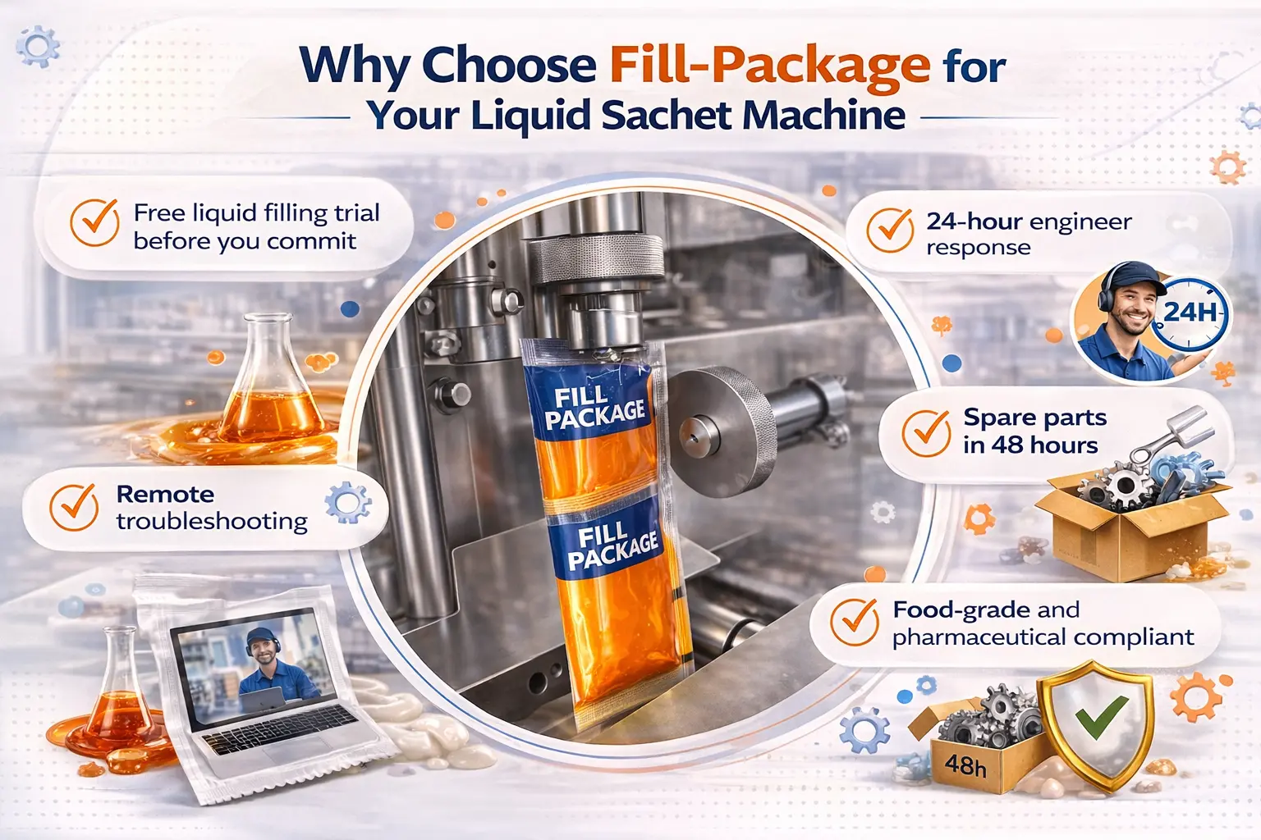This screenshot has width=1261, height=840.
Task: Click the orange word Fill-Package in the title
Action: pos(769,66)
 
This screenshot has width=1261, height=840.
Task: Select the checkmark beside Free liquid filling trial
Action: pos(94,222)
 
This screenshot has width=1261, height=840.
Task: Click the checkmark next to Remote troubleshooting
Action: pos(74,507)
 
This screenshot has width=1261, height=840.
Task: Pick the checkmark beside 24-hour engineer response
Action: pos(890,231)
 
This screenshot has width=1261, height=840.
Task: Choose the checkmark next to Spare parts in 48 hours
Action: pos(926,433)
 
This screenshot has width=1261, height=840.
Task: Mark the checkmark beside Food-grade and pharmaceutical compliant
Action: pos(855,622)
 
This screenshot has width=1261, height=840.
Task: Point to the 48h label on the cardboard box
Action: pos(965,766)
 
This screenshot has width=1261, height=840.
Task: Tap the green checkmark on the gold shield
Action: pos(1101,716)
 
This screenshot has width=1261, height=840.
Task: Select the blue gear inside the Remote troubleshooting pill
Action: pos(348,502)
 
